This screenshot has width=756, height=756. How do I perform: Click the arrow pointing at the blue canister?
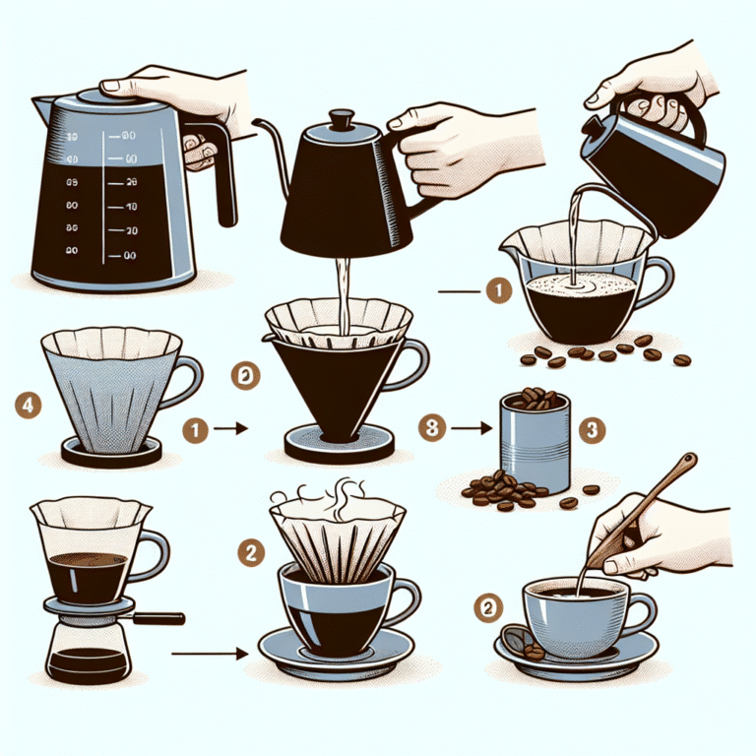pos(471,428)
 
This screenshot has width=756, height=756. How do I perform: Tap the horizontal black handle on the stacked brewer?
pos(157,618)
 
